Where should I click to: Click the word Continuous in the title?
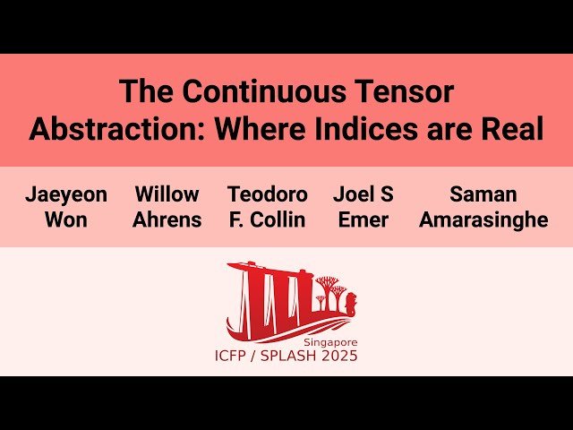(255, 91)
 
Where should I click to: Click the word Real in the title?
(513, 129)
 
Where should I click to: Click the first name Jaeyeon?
(65, 194)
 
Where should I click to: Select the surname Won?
(65, 220)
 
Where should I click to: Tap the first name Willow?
(167, 194)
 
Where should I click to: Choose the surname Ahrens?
(167, 220)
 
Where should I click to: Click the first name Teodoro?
(268, 194)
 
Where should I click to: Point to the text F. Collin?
(268, 220)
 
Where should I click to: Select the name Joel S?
(363, 194)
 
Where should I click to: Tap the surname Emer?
(363, 220)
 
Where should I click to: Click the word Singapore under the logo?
(329, 342)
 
